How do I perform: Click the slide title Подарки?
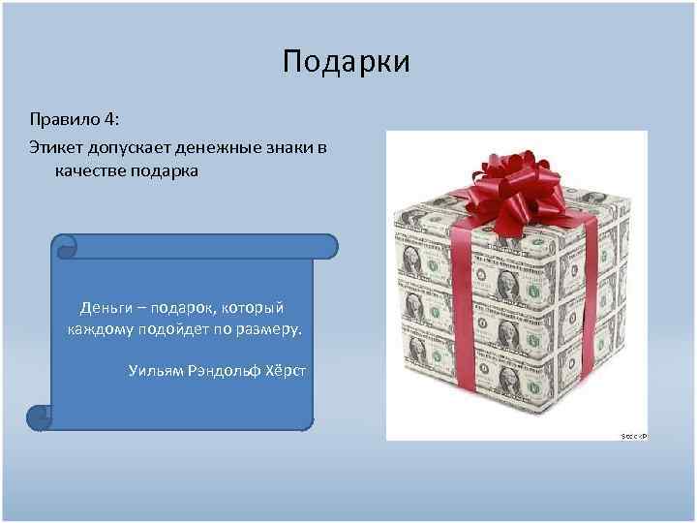pyautogui.click(x=347, y=63)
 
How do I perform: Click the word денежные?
pyautogui.click(x=230, y=145)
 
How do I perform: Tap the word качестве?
pyautogui.click(x=93, y=171)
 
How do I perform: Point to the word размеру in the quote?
pyautogui.click(x=269, y=329)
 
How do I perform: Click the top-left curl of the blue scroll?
pyautogui.click(x=65, y=246)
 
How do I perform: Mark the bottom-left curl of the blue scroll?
pyautogui.click(x=39, y=417)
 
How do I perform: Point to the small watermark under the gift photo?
pyautogui.click(x=633, y=437)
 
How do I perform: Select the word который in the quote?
pyautogui.click(x=253, y=308)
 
